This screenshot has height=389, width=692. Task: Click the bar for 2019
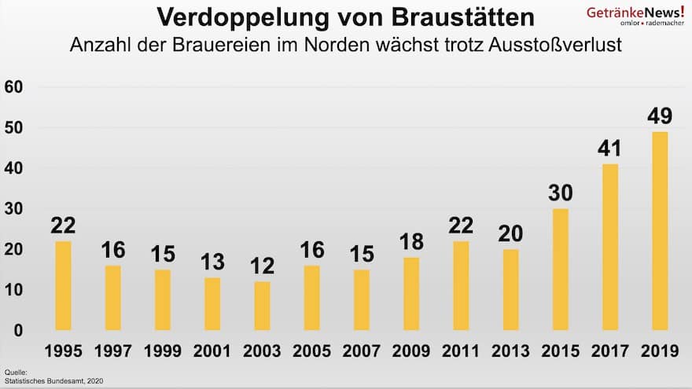tap(659, 231)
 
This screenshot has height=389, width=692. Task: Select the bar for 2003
tap(262, 306)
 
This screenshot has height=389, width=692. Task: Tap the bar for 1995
tap(63, 285)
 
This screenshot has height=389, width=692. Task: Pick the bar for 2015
tap(560, 270)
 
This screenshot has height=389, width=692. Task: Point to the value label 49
tap(659, 116)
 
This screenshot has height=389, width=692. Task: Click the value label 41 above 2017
tap(609, 149)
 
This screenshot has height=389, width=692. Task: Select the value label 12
tap(262, 266)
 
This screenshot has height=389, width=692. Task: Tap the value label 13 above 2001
tap(212, 262)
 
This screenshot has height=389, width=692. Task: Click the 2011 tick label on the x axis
tap(460, 351)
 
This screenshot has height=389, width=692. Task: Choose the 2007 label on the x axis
tap(361, 351)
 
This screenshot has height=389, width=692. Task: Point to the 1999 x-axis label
tap(162, 351)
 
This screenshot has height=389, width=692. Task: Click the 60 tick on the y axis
tap(13, 86)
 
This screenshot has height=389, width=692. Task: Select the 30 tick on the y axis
tap(13, 208)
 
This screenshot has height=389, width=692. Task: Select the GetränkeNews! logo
tap(635, 16)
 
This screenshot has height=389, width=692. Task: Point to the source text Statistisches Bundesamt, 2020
tap(53, 381)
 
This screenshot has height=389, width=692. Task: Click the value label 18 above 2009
tap(410, 242)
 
